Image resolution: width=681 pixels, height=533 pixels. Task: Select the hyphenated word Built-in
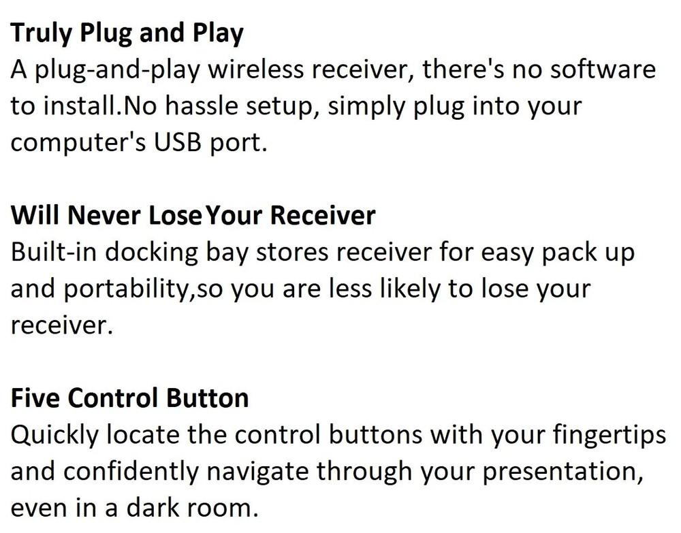(52, 253)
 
